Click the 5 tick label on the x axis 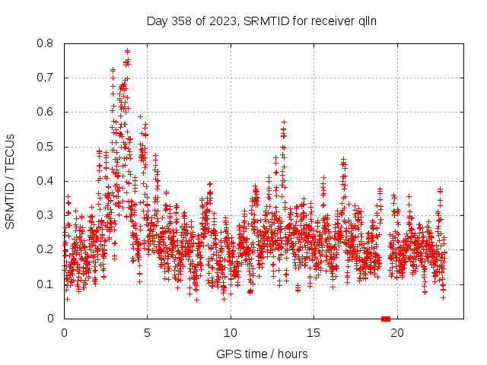[147, 332]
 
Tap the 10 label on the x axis [230, 332]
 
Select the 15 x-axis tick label [313, 332]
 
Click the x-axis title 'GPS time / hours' [262, 354]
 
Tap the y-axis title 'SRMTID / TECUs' [11, 181]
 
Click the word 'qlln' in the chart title [366, 21]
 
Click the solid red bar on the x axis [386, 319]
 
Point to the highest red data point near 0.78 [127, 51]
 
